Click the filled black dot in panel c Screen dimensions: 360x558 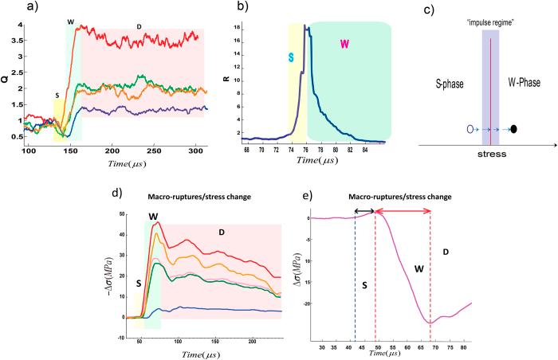tap(516, 128)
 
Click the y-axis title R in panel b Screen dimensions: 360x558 tap(246, 80)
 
